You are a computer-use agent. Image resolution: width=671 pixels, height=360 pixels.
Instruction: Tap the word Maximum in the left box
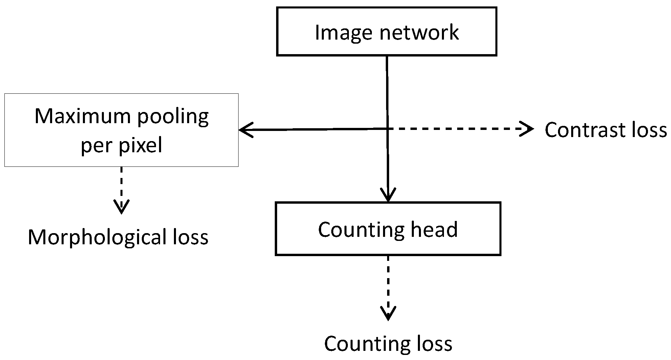(x=82, y=116)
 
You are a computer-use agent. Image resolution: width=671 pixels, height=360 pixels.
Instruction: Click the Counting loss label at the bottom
(x=388, y=344)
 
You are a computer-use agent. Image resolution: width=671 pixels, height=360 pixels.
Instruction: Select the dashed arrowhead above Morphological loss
(x=121, y=207)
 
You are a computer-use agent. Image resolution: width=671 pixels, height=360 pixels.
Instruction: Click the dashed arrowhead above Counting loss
(x=388, y=313)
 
